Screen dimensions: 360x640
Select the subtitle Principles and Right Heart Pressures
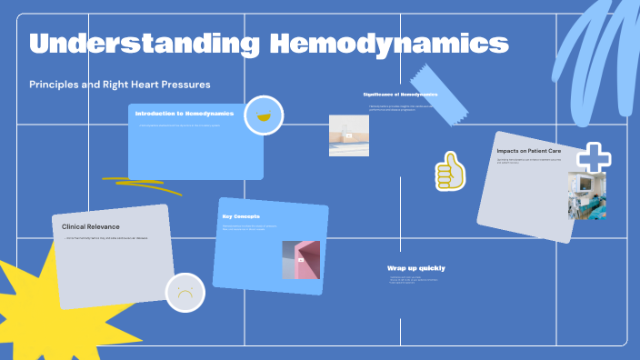pos(120,85)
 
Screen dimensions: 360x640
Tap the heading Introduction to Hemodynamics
pos(185,114)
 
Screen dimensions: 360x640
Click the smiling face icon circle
pos(264,115)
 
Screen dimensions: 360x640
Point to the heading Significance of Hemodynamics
pos(400,95)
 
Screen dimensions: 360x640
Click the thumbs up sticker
pos(449,170)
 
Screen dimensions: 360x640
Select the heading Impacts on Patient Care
pos(528,150)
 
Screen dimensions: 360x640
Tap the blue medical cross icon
pos(594,158)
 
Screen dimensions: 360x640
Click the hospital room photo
pos(586,195)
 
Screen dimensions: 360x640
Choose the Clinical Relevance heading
pos(91,226)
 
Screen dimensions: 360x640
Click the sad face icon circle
pos(185,293)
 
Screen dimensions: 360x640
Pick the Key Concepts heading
pos(241,216)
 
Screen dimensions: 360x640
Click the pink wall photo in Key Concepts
pos(301,260)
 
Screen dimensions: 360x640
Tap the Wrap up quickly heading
pos(415,268)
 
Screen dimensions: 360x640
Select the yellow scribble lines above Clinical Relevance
pos(136,185)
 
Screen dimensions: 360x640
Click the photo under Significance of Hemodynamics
pos(348,135)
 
